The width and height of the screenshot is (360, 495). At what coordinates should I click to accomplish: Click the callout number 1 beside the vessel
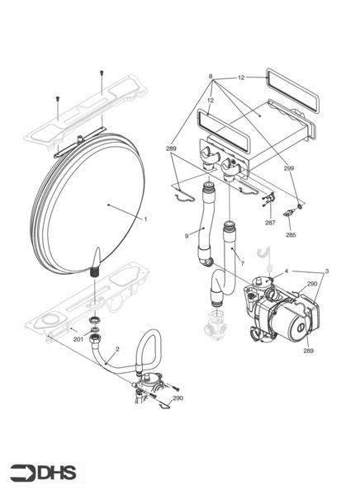click(145, 219)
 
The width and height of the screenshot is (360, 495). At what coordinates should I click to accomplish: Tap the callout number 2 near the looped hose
click(117, 349)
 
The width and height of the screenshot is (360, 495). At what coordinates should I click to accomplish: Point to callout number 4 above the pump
click(287, 271)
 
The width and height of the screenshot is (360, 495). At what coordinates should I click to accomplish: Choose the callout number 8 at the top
click(211, 76)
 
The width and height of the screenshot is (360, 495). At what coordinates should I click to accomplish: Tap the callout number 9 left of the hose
click(187, 236)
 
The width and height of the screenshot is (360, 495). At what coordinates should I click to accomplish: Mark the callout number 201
click(78, 339)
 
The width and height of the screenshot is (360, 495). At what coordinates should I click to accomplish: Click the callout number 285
click(291, 235)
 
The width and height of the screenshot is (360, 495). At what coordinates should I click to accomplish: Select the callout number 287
click(269, 223)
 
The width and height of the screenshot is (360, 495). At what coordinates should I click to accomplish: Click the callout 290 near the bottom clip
click(178, 398)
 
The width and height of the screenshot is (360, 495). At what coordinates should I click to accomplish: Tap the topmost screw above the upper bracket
click(101, 73)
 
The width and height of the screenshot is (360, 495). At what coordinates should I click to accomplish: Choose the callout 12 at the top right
click(242, 76)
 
